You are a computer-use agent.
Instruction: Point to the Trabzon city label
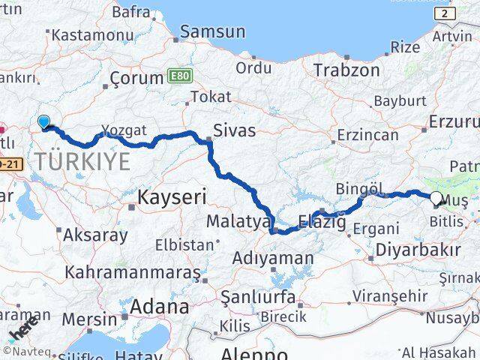[x=346, y=70]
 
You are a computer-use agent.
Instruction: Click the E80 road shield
[x=178, y=76]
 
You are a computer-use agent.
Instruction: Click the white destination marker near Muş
[x=436, y=198]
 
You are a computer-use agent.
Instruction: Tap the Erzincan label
[x=367, y=135]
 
